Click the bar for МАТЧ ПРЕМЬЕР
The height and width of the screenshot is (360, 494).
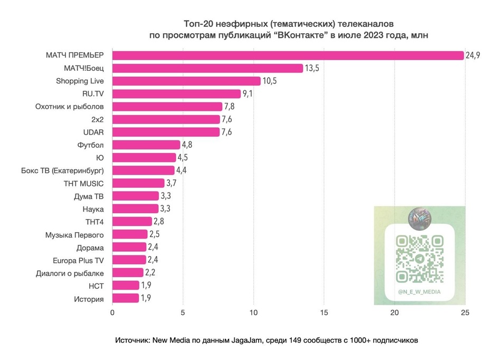(288, 55)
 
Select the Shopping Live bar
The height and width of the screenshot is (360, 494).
(186, 81)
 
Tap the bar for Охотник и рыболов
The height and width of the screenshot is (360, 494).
(167, 107)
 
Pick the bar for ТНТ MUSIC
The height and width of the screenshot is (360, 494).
(138, 183)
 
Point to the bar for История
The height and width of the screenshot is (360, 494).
(126, 299)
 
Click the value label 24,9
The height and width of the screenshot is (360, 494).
(472, 55)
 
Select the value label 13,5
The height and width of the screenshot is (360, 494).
(312, 68)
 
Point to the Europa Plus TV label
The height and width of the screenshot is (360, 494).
(78, 260)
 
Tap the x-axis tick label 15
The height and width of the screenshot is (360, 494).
(324, 312)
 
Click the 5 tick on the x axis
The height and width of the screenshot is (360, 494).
(183, 312)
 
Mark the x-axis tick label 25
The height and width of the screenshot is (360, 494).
(464, 312)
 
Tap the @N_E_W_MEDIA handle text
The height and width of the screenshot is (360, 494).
(420, 292)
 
